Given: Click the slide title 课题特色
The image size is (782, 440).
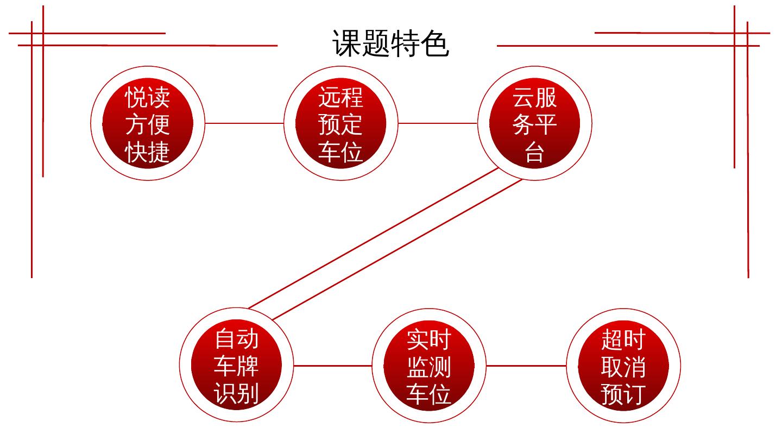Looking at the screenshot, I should [x=390, y=43].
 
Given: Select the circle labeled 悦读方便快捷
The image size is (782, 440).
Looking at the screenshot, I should [x=148, y=124].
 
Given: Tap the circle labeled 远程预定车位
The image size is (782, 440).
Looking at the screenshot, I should [x=340, y=124].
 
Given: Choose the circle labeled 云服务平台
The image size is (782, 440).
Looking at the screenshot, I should [x=534, y=124].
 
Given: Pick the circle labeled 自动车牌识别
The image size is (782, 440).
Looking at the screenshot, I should [x=237, y=365].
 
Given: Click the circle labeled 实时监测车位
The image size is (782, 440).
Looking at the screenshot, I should [x=429, y=365].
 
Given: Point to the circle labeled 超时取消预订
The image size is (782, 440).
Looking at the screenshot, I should [x=623, y=365].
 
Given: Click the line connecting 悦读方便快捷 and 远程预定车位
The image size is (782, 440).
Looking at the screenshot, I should [x=244, y=123].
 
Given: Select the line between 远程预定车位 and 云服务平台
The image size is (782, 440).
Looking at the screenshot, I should [x=438, y=123].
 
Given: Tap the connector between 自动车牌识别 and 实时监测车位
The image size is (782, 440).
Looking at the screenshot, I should [x=333, y=366].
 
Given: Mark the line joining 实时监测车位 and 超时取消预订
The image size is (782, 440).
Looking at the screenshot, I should [x=526, y=366].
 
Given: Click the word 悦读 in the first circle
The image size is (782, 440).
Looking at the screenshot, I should [x=148, y=98].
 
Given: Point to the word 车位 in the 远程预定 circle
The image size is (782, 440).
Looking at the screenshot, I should [x=340, y=150].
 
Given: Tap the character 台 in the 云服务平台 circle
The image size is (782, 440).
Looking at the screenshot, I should [x=534, y=152].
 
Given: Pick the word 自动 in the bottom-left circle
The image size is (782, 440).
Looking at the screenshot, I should [x=237, y=339].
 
